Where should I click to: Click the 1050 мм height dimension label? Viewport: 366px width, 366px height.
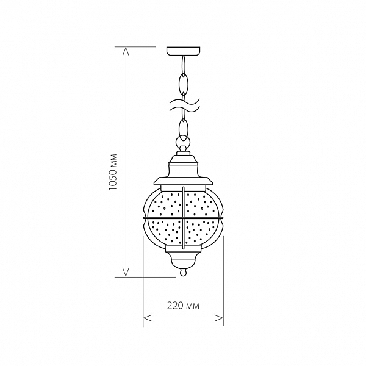coord(113,172)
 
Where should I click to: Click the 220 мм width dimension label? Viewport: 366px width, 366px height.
coord(183,142)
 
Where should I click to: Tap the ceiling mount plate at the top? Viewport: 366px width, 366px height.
coord(183,51)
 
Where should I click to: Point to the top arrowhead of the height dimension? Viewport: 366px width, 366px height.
coord(126,51)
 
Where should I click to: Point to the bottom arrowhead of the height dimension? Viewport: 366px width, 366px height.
coord(126,273)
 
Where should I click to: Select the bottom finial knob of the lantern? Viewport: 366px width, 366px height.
coord(183,272)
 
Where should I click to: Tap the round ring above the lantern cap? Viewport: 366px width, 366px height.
coord(183,141)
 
